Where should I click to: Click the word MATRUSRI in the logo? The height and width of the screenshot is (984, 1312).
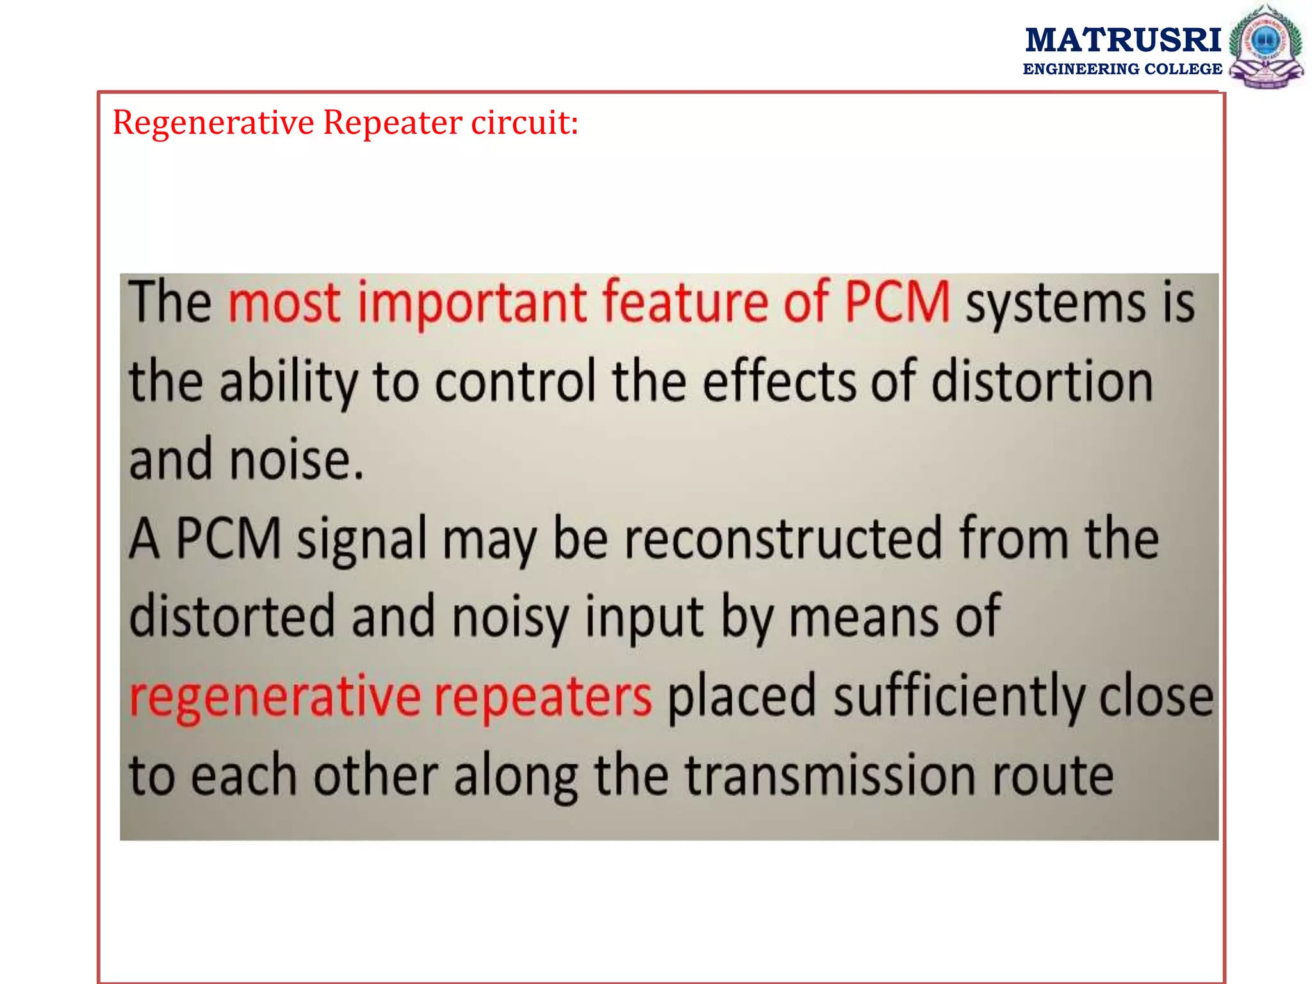[1122, 40]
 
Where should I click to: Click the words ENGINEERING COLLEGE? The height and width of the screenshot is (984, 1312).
[1122, 69]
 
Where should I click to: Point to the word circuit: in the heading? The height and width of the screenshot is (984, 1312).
[525, 122]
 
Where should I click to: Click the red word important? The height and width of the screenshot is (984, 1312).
[471, 302]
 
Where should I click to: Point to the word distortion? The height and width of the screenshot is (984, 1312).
[1042, 381]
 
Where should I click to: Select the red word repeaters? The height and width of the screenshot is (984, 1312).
[543, 696]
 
